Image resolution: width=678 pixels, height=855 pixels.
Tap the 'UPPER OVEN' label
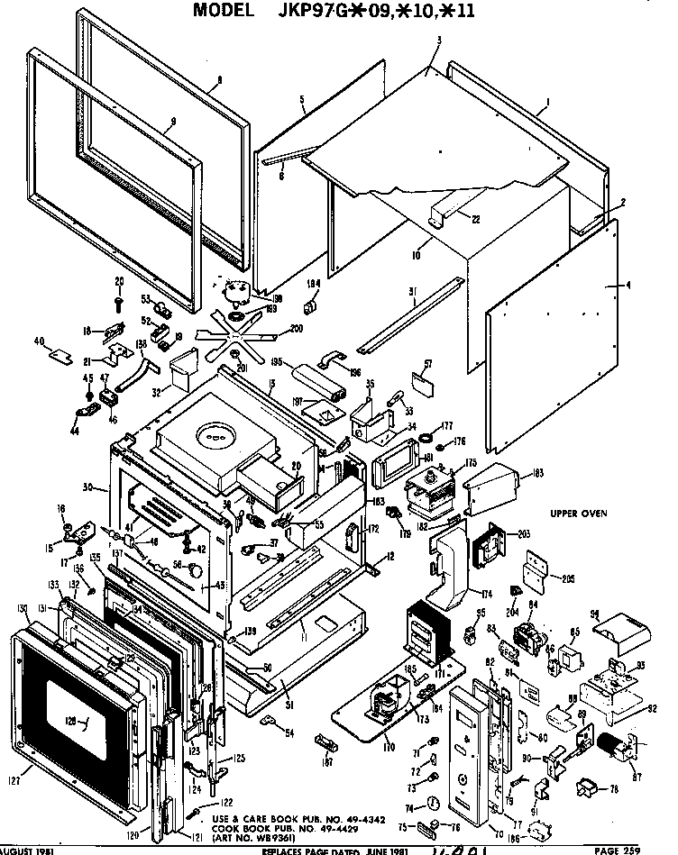[x=579, y=514]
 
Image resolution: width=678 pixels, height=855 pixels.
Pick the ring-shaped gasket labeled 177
[x=421, y=439]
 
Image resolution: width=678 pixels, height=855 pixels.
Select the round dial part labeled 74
[x=433, y=803]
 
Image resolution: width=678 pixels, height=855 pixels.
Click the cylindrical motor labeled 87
[x=618, y=744]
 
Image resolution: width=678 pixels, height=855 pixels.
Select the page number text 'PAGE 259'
[x=643, y=849]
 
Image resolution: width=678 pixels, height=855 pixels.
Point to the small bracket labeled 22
[x=447, y=216]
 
